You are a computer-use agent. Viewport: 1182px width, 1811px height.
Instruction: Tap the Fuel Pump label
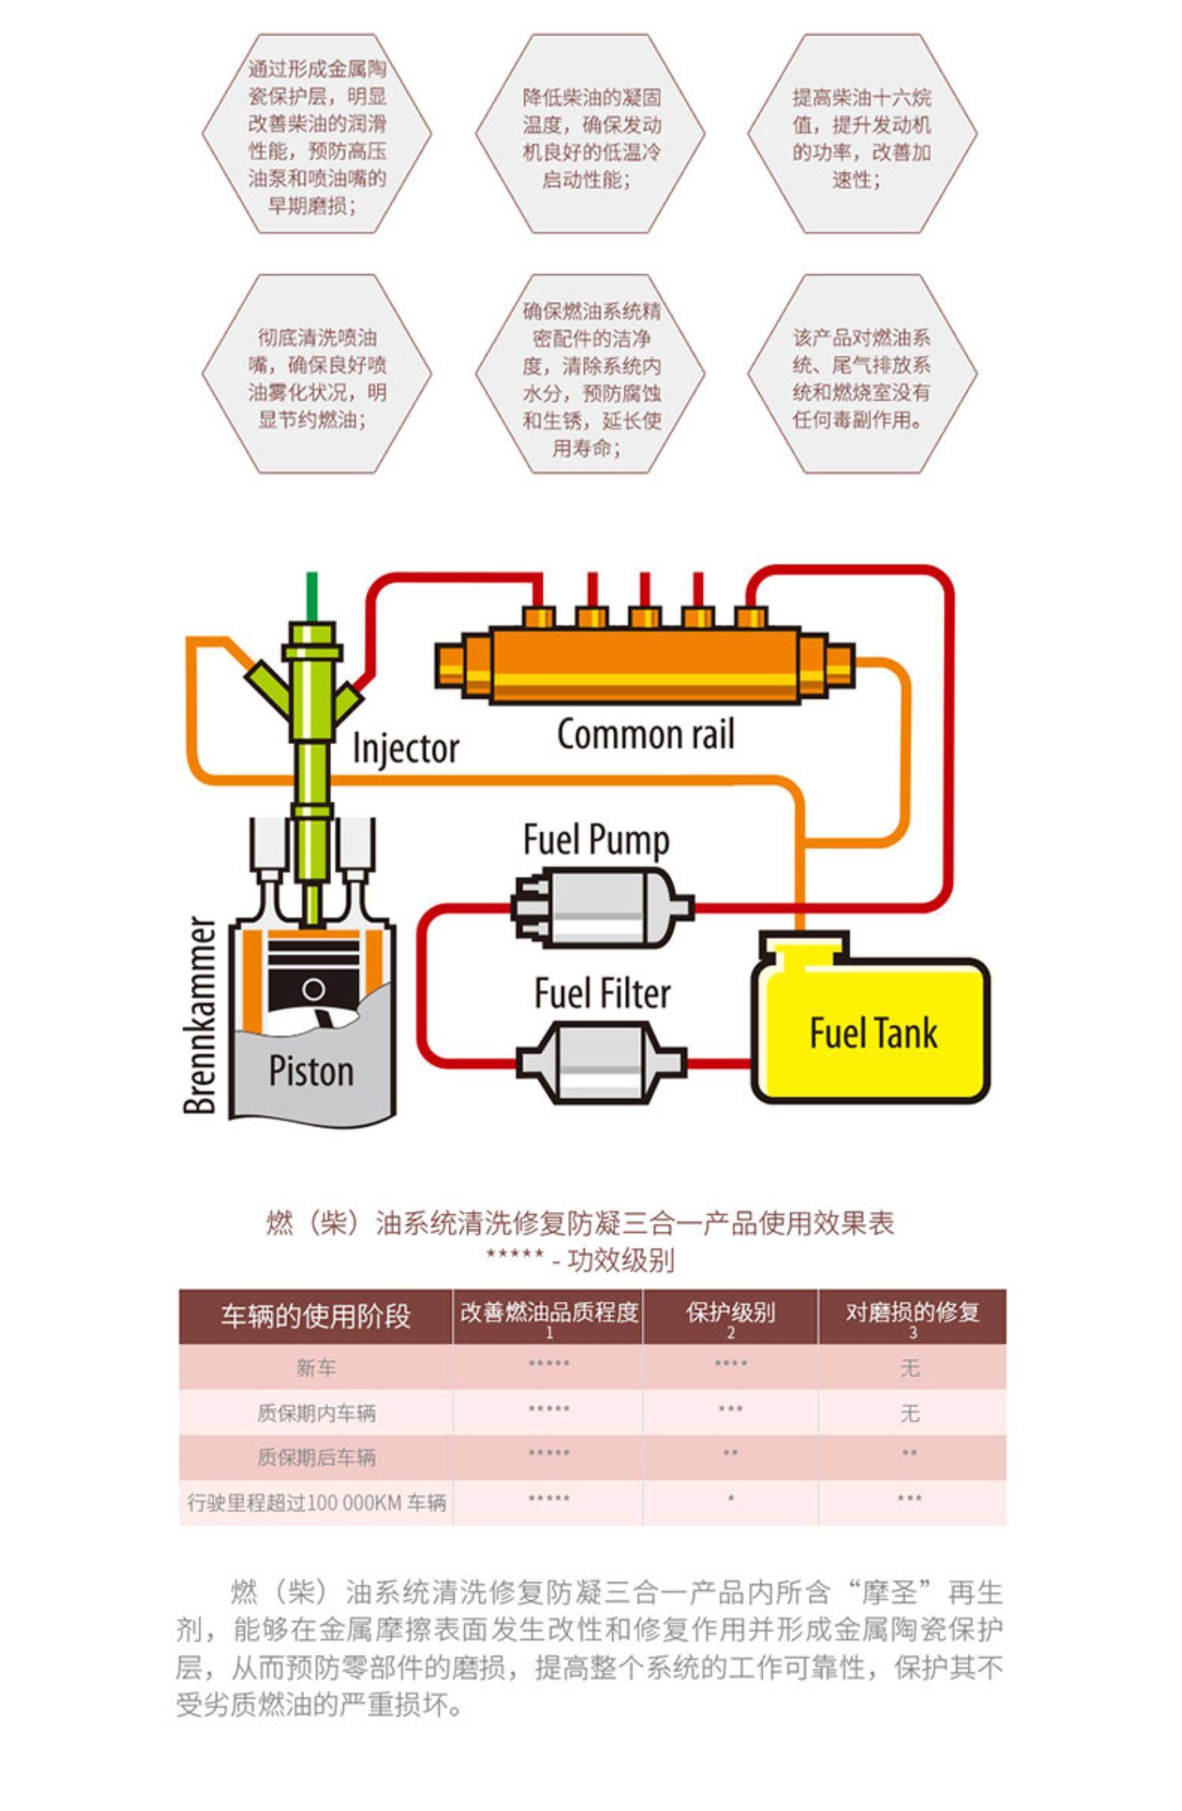pos(596,840)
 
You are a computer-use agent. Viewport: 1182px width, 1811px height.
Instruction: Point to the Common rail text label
pos(645,734)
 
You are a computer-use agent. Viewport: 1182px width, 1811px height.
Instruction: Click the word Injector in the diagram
pos(405,747)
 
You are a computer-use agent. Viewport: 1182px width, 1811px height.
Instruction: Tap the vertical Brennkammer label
pos(200,1015)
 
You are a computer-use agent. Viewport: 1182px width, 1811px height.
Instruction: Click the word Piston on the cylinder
pos(310,1071)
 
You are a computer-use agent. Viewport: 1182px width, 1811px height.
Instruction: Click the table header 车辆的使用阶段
pos(315,1316)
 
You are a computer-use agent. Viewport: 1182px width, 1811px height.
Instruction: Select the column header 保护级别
pos(730,1313)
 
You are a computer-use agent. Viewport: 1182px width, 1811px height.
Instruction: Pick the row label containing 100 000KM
pos(315,1502)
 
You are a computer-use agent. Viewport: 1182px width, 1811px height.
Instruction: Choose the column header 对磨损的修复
pos(912,1313)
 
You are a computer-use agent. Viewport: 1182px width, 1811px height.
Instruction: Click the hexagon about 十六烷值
pos(862,134)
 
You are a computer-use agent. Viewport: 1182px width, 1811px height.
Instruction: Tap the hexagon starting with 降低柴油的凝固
pos(590,134)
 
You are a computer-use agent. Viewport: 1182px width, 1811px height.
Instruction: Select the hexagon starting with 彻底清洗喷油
pos(317,375)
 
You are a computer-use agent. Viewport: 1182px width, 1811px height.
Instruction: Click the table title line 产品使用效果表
pos(580,1223)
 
